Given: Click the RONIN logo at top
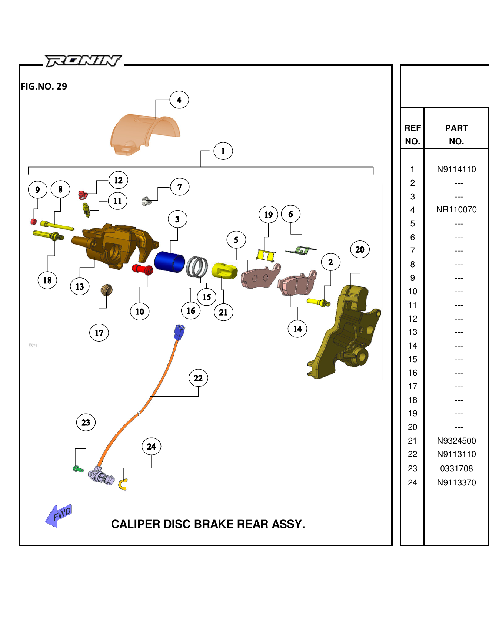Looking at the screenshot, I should (x=83, y=61).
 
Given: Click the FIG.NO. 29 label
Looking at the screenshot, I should (x=44, y=87).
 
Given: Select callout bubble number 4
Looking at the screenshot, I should (x=179, y=100).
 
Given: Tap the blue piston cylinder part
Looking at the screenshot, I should (x=169, y=261).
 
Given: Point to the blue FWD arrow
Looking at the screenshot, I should (x=59, y=515).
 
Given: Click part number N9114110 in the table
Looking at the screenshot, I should (x=456, y=169).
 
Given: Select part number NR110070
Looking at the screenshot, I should (x=456, y=210).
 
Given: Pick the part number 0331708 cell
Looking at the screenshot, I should (x=456, y=469).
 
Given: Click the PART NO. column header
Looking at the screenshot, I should (x=456, y=134).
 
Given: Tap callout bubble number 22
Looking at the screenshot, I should (x=198, y=378).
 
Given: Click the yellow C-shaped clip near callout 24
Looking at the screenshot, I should (x=123, y=484).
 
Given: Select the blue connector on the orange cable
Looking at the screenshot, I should (x=179, y=332).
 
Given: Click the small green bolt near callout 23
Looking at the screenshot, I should (x=78, y=469).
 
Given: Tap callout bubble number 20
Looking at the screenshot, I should (x=360, y=250).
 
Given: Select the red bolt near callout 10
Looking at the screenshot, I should (x=143, y=269).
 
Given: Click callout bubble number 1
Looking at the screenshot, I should (x=223, y=151).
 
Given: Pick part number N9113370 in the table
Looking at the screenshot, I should (x=456, y=483).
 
